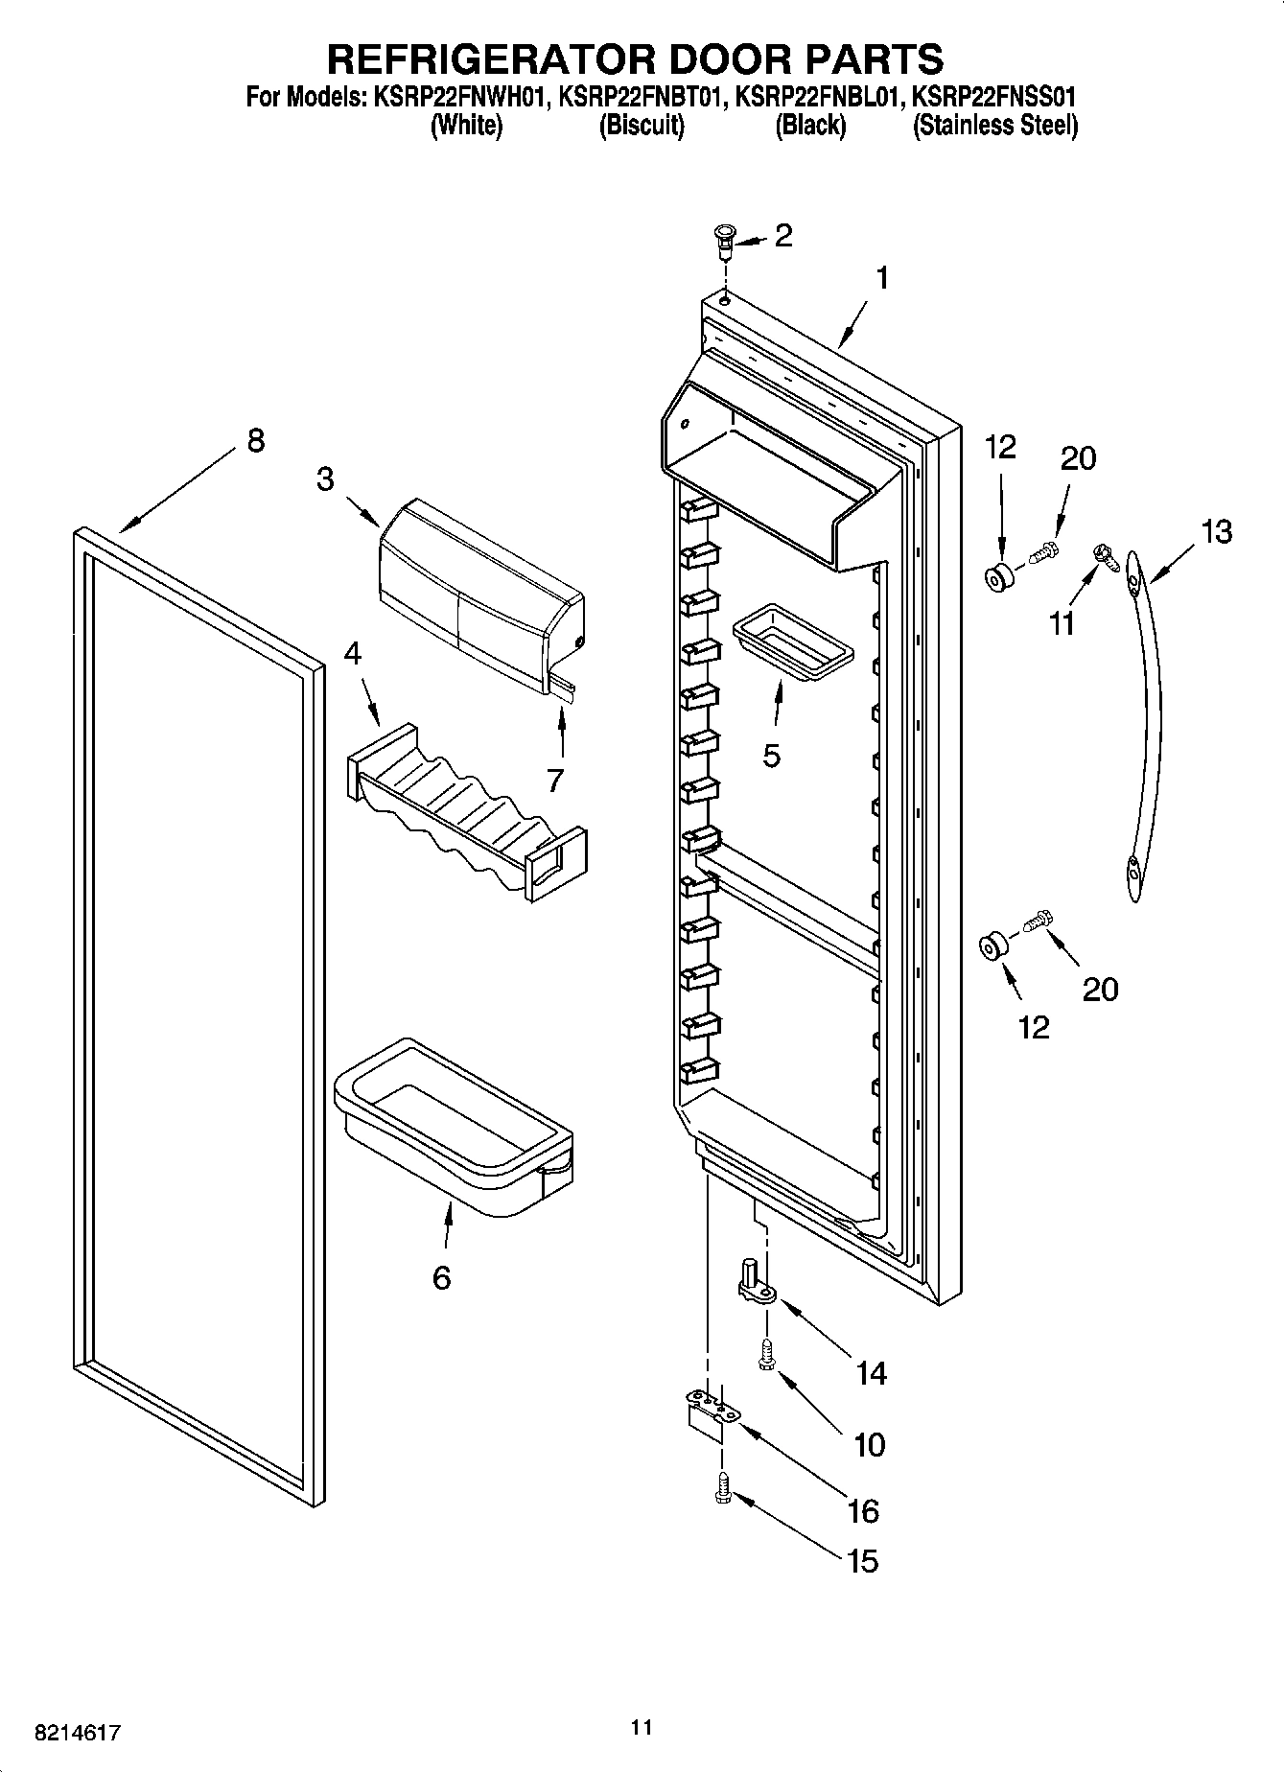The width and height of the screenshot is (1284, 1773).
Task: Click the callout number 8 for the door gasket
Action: [254, 441]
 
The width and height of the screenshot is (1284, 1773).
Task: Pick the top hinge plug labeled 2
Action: [725, 237]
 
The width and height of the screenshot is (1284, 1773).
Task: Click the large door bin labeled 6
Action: [451, 1122]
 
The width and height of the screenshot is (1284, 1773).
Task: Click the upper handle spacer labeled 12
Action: [998, 580]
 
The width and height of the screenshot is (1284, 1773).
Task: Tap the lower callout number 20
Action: [1100, 989]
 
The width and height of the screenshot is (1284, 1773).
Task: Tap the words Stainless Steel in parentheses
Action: [995, 126]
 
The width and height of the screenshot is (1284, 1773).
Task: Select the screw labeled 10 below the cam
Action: [766, 1356]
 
